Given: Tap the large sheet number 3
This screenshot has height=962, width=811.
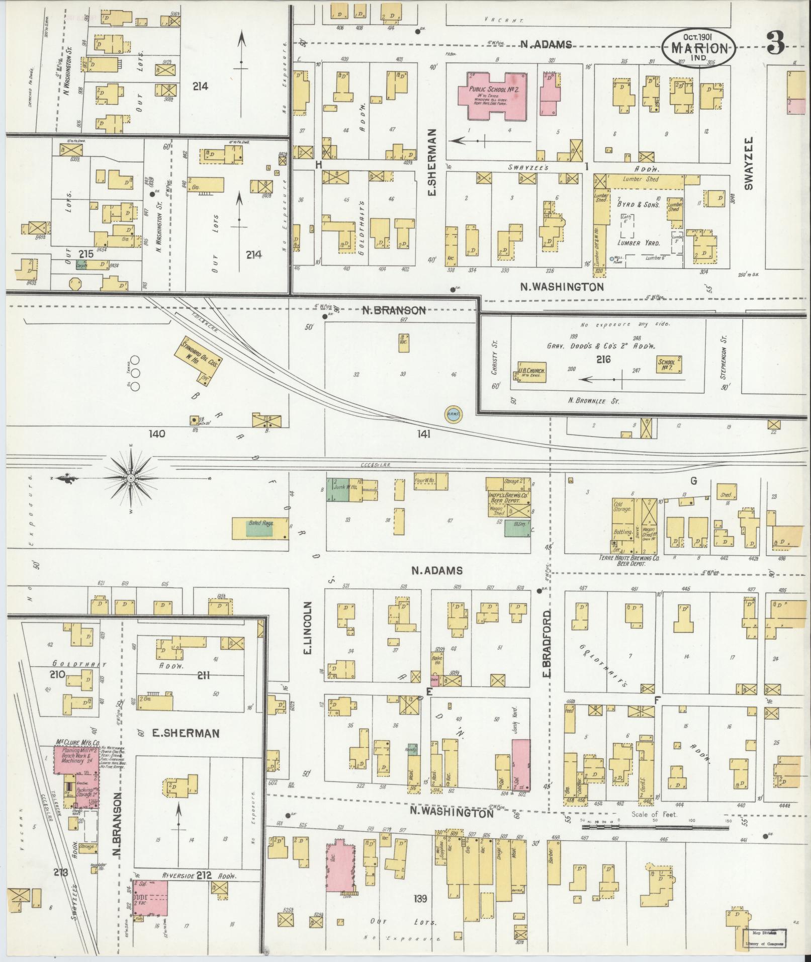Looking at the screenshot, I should point(775,44).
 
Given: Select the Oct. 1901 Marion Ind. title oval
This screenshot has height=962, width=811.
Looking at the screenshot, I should point(698,48).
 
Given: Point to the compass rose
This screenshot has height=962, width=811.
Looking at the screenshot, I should point(130,477).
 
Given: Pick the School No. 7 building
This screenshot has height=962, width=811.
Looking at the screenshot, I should point(669,364).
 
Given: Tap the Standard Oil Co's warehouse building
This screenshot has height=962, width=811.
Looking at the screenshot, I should point(198,360).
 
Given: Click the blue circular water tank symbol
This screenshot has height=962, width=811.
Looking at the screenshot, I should point(453,414).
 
